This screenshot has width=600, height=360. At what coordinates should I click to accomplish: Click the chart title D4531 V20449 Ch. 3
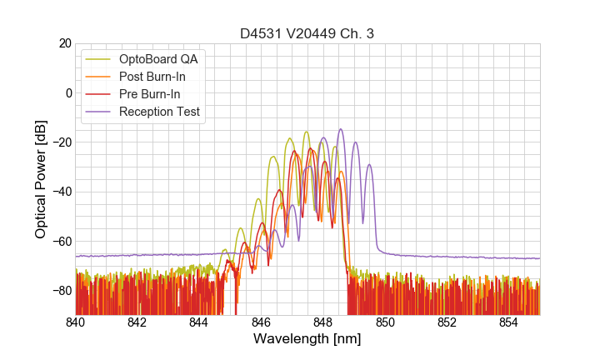click(x=307, y=33)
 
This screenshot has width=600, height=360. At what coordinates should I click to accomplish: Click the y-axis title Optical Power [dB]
click(x=41, y=179)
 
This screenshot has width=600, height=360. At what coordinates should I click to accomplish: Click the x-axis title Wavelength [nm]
click(x=307, y=340)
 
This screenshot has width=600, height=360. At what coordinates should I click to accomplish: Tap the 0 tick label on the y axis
click(x=68, y=92)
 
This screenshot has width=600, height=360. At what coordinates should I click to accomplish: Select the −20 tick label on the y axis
click(x=61, y=142)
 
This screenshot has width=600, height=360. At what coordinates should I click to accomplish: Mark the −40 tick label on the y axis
click(x=61, y=192)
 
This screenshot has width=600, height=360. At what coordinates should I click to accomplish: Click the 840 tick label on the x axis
click(x=76, y=322)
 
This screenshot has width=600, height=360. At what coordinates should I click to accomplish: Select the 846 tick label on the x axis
click(x=261, y=322)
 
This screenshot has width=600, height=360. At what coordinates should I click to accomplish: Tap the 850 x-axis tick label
click(x=385, y=322)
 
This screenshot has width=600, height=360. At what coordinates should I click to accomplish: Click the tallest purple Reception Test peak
click(x=340, y=130)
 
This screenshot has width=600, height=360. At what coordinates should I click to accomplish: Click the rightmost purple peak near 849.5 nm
click(x=369, y=165)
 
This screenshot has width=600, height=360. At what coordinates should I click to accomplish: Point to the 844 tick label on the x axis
click(x=199, y=322)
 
